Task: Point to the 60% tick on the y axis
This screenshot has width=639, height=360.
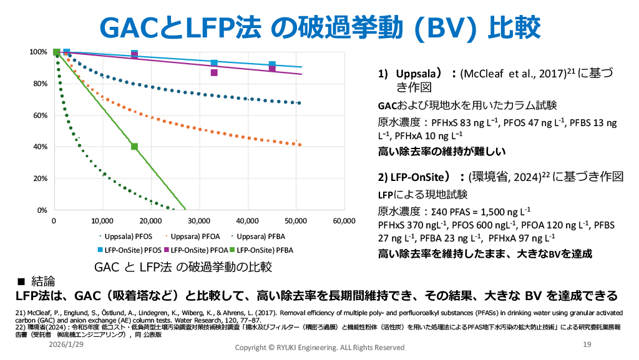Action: (40, 115)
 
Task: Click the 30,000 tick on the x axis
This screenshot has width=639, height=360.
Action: (199, 221)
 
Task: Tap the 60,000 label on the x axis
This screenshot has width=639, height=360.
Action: (344, 221)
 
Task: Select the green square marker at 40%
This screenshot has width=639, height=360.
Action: (134, 147)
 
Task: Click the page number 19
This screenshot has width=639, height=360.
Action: (587, 345)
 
